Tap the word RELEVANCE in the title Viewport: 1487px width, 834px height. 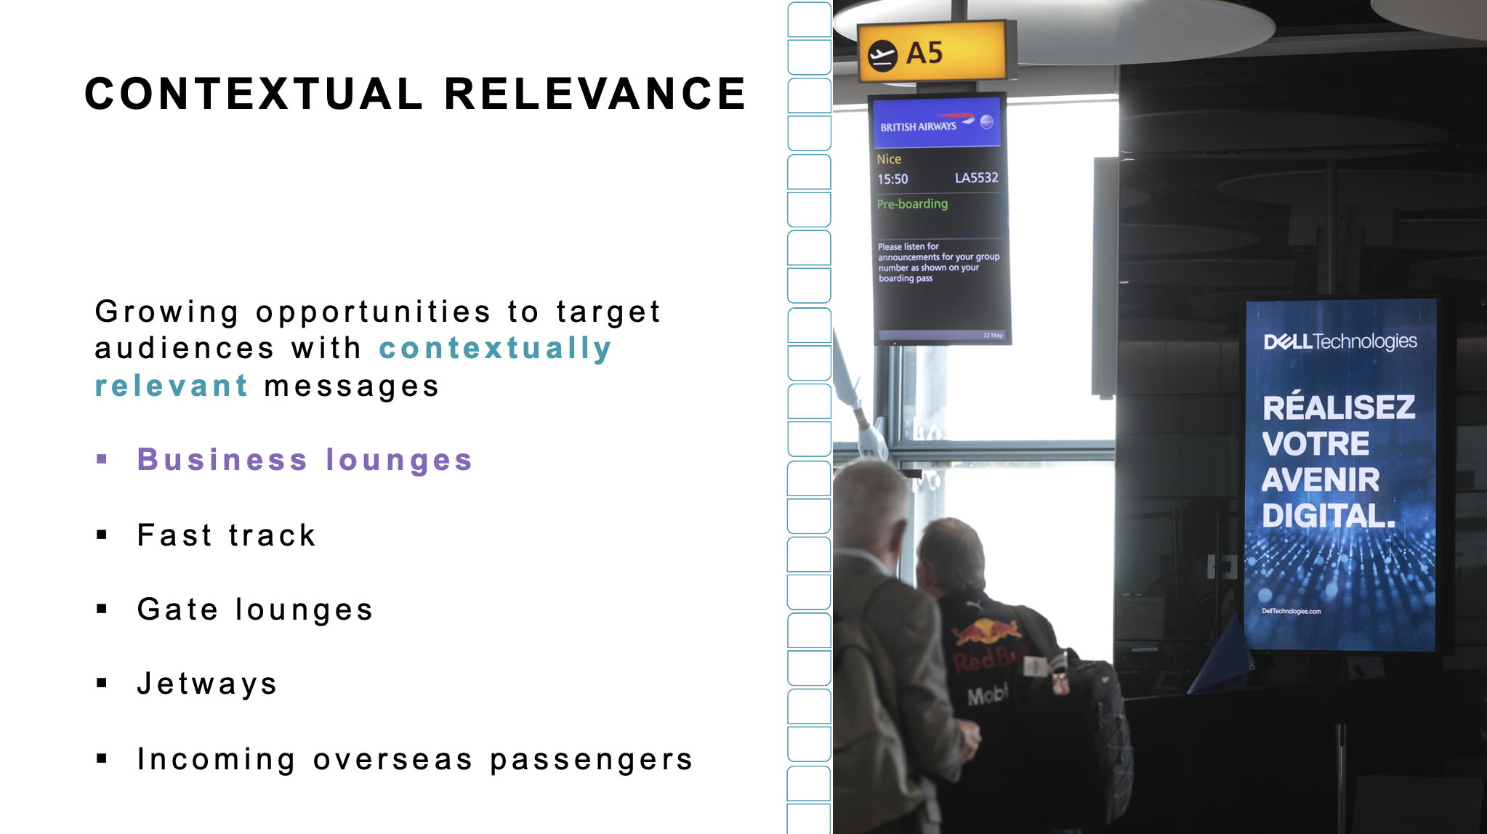(x=595, y=94)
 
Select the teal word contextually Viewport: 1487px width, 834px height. (x=495, y=349)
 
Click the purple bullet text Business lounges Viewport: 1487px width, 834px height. (x=305, y=460)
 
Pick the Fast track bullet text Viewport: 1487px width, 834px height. (x=227, y=535)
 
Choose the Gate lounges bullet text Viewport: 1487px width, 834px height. (x=255, y=610)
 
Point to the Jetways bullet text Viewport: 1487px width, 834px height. (x=208, y=684)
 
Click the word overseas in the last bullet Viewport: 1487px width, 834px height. (x=393, y=759)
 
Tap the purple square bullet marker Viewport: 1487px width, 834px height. (x=102, y=459)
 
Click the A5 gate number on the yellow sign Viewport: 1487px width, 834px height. (x=924, y=53)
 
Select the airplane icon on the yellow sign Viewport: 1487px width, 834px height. (x=882, y=55)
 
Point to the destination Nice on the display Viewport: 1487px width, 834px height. (x=889, y=159)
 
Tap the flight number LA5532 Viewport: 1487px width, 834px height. (x=976, y=178)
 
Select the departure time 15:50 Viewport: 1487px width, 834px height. (x=892, y=179)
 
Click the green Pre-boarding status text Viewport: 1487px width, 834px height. (x=912, y=204)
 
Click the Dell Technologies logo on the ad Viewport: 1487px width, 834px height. (x=1340, y=341)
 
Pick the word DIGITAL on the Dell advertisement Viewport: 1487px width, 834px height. (x=1329, y=517)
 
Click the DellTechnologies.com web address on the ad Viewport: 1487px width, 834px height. (x=1291, y=611)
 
